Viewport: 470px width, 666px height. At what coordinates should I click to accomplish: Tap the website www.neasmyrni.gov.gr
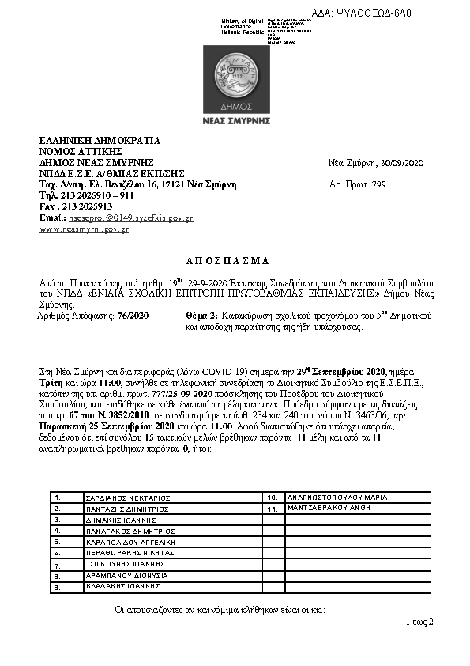(84, 229)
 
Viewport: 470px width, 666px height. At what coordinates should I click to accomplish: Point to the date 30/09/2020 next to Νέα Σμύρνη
(402, 163)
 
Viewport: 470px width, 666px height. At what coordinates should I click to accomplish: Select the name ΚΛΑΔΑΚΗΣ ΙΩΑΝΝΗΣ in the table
(125, 587)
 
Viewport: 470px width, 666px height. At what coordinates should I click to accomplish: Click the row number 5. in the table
(58, 543)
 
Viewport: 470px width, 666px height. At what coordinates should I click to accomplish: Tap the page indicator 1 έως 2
(419, 622)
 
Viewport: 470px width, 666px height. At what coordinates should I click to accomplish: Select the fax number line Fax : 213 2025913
(76, 206)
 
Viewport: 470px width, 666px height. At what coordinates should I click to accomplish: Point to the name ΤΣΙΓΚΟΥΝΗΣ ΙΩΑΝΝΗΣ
(126, 565)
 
